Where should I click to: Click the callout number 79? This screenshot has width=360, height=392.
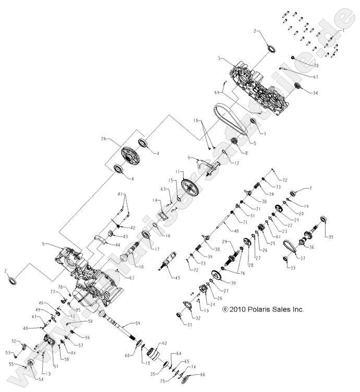pyautogui.click(x=103, y=139)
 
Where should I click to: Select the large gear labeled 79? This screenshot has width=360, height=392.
pyautogui.click(x=128, y=155)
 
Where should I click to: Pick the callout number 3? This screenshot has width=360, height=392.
pyautogui.click(x=220, y=59)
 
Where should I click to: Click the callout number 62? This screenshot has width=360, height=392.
pyautogui.click(x=164, y=343)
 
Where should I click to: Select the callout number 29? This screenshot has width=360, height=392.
pyautogui.click(x=224, y=242)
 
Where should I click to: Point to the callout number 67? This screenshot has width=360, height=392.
pyautogui.click(x=316, y=77)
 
